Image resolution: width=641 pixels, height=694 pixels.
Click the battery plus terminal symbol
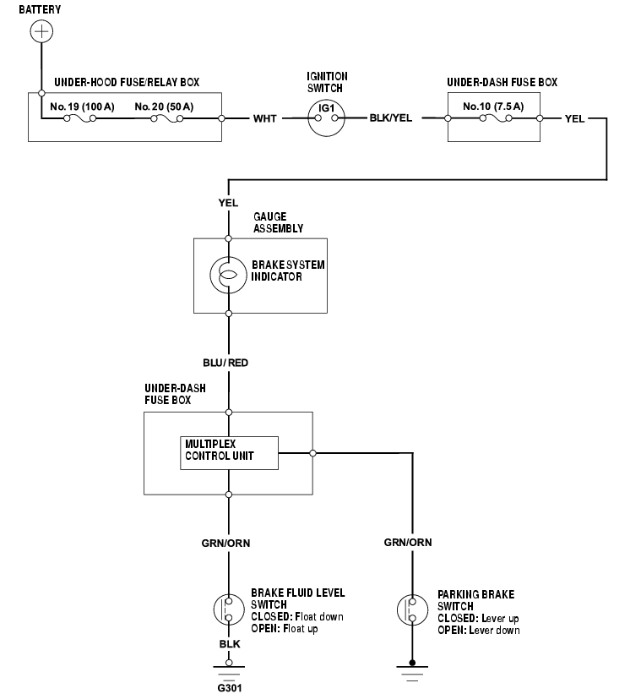click(41, 32)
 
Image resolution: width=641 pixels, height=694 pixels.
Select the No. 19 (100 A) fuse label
click(83, 107)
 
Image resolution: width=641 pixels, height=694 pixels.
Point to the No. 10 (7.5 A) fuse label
click(493, 107)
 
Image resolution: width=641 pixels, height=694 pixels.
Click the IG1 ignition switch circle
click(326, 117)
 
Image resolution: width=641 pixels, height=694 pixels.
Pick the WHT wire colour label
click(264, 118)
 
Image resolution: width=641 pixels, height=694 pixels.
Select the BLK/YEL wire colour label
click(391, 118)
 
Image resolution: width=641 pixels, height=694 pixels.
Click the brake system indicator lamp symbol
click(228, 276)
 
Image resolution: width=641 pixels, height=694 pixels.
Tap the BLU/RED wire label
click(225, 363)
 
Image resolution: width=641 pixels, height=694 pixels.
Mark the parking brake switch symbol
click(412, 609)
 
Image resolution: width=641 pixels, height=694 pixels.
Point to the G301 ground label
click(229, 687)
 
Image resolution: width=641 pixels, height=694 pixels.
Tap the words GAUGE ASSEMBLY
click(277, 223)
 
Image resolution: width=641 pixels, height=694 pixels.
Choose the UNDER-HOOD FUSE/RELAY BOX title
click(127, 83)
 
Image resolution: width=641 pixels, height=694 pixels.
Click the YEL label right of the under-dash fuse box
click(574, 118)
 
